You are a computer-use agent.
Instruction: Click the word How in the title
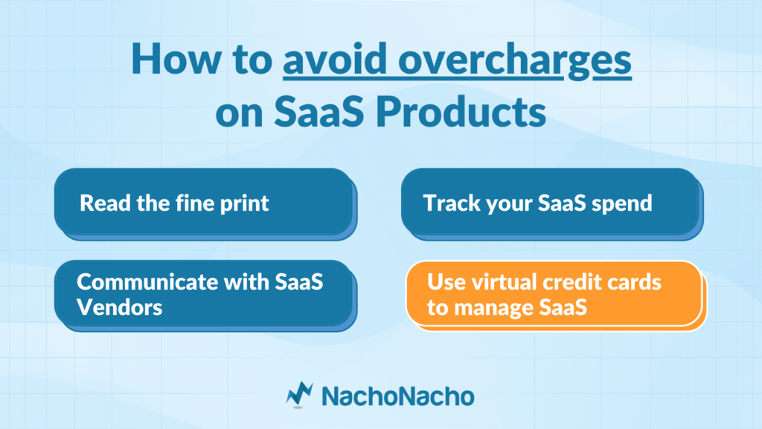tap(175, 59)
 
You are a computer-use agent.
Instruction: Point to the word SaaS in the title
tap(318, 112)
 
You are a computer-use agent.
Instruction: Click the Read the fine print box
tap(205, 204)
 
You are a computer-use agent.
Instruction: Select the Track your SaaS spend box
tap(552, 204)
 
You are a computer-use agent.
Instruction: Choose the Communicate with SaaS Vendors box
tap(205, 296)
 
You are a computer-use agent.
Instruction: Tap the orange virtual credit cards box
tap(556, 296)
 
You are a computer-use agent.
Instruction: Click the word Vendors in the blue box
tap(120, 308)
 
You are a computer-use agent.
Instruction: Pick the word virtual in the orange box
tap(496, 282)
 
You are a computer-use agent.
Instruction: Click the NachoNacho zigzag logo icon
tap(299, 395)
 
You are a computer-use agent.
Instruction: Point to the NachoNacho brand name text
tap(398, 396)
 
